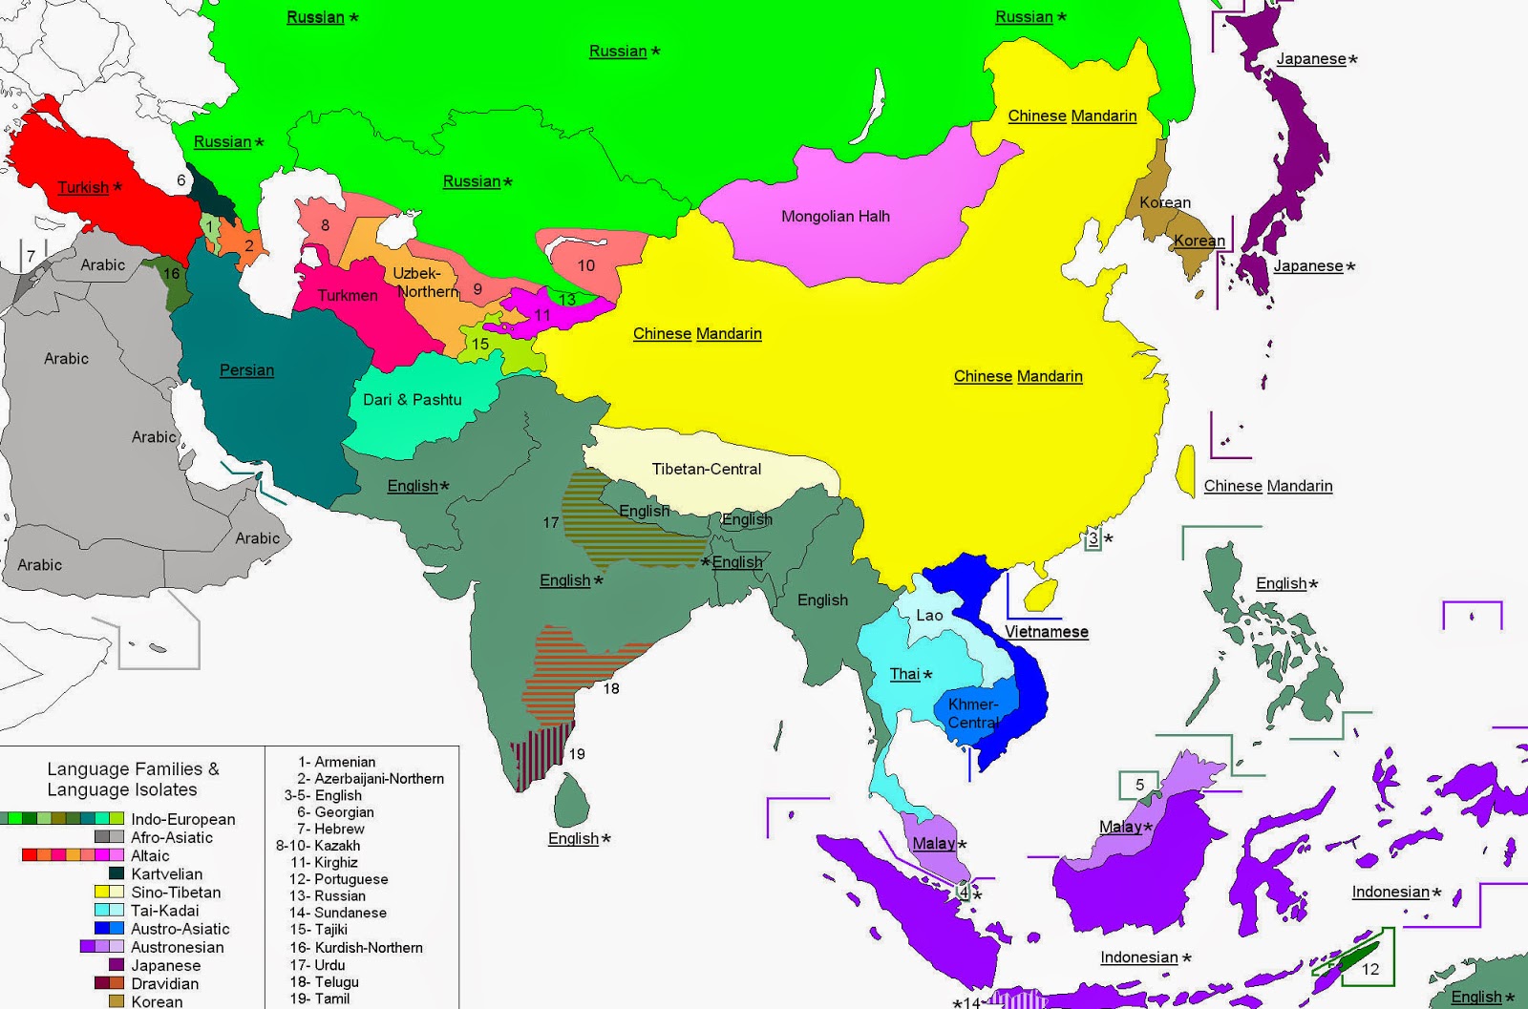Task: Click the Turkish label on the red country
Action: (84, 187)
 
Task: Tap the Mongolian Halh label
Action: (835, 217)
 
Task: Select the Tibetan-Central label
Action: (706, 470)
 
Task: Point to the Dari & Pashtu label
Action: (412, 400)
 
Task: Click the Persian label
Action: (246, 370)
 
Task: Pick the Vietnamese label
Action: (1046, 632)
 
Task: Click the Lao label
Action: (929, 616)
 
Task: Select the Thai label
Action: (904, 674)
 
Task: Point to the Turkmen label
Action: (348, 296)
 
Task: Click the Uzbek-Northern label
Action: (425, 283)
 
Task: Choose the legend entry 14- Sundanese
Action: (339, 913)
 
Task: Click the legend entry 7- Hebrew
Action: (330, 829)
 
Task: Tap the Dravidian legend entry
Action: (164, 983)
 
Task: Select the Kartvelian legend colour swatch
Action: (117, 873)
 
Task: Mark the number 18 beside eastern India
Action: (611, 688)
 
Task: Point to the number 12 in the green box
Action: (1370, 969)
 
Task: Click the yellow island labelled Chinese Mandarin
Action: (1186, 471)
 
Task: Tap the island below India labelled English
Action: (571, 801)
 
